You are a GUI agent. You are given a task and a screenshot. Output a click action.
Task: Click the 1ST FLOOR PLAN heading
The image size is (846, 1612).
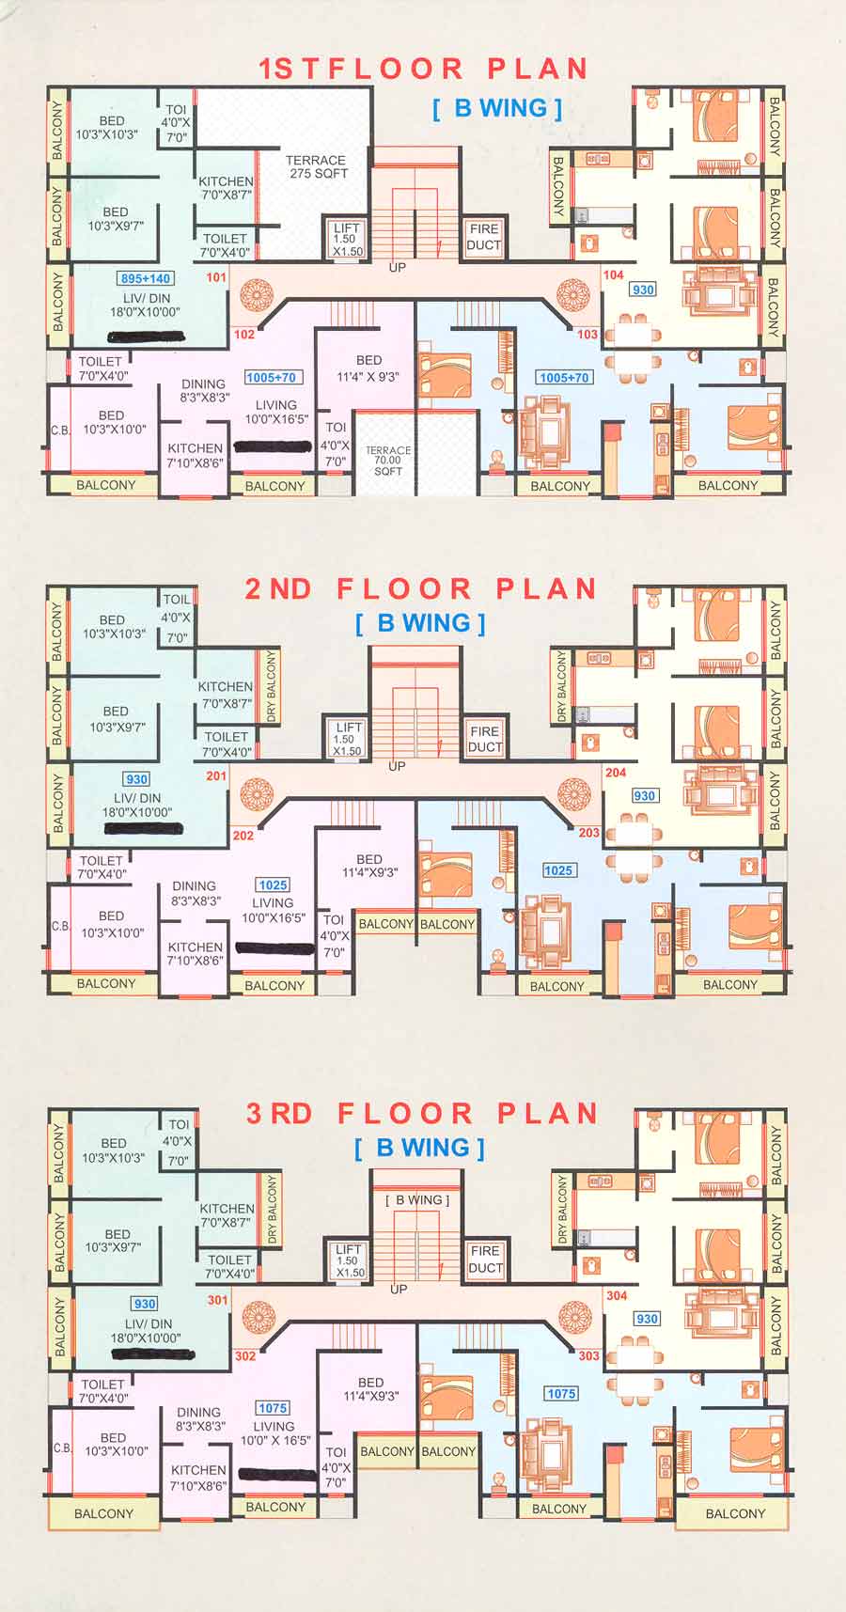point(423,69)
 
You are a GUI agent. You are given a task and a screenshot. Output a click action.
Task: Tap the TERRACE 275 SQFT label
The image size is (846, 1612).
point(317,167)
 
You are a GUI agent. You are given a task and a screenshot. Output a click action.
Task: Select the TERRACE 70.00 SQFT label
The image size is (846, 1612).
point(387,461)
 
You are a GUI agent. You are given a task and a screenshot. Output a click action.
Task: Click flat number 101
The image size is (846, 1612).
point(216,277)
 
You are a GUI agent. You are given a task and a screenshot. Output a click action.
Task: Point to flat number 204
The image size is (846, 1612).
point(616,773)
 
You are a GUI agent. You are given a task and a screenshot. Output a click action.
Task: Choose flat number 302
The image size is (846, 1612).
point(245,1356)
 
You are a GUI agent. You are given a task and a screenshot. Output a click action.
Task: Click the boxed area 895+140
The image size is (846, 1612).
point(146,278)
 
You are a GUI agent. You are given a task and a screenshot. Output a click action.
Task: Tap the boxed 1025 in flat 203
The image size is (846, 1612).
point(558,870)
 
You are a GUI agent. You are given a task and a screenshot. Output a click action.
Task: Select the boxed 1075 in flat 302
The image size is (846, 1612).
point(273,1408)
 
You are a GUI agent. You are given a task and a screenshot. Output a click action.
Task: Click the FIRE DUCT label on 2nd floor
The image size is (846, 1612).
point(484,739)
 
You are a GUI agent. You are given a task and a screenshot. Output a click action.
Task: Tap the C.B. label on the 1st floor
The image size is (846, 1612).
point(60,430)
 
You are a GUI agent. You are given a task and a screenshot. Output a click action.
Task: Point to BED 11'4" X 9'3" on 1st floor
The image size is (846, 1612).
point(368,368)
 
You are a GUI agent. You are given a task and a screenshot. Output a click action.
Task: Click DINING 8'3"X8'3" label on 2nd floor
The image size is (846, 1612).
point(195,893)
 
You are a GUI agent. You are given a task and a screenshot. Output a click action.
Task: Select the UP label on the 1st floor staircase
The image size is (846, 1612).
point(398,268)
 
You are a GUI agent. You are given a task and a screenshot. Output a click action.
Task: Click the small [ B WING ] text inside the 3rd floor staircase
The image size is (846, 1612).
point(417,1200)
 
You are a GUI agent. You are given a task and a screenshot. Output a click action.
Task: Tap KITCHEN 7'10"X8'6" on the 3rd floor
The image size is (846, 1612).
point(198,1478)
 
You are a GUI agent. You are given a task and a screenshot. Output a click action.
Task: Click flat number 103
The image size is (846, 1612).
point(587,335)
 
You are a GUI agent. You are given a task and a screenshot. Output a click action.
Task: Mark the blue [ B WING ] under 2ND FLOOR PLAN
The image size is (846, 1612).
point(421,623)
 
